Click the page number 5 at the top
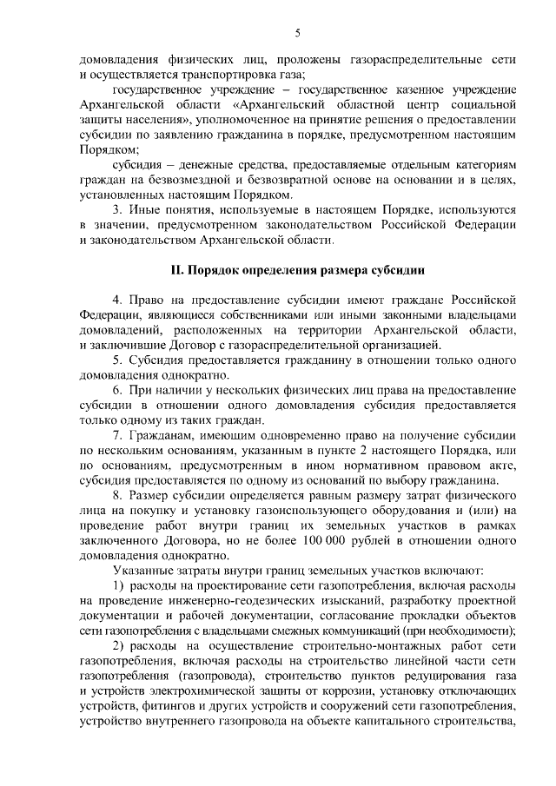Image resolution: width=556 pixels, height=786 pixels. coord(297,33)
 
